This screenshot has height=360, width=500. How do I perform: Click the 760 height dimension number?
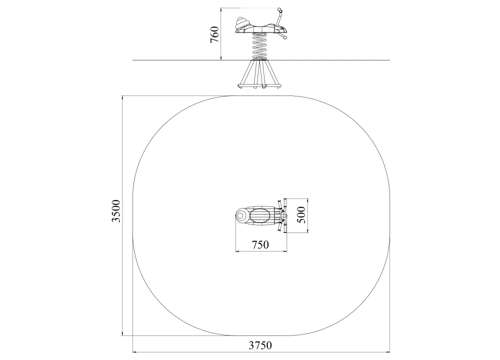pyautogui.click(x=214, y=35)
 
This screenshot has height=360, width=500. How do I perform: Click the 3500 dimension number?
pyautogui.click(x=116, y=211)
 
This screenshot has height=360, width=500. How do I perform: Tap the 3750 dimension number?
pyautogui.click(x=260, y=345)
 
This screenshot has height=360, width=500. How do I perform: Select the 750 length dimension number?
pyautogui.click(x=260, y=244)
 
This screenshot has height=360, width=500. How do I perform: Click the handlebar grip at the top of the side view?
pyautogui.click(x=280, y=11)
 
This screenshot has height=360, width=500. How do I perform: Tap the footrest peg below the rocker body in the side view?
pyautogui.click(x=283, y=37)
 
